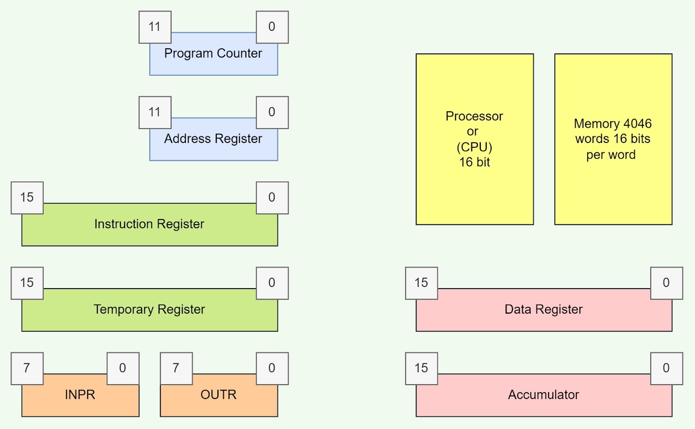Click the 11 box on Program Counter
[155, 27]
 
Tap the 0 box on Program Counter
[272, 27]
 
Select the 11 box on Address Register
[155, 112]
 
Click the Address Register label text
[213, 139]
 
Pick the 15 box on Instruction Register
[27, 197]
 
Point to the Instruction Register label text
[149, 224]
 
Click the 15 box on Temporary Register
[27, 283]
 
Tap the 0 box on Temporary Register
[272, 283]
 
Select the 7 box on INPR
[27, 368]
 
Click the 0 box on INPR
[123, 368]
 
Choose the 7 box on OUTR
[176, 368]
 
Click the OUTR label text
[218, 395]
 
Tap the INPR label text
[80, 395]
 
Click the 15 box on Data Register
[421, 283]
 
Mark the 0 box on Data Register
[666, 283]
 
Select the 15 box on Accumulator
[421, 368]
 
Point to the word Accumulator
[543, 395]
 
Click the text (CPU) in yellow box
[474, 147]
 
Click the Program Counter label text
[213, 53]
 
